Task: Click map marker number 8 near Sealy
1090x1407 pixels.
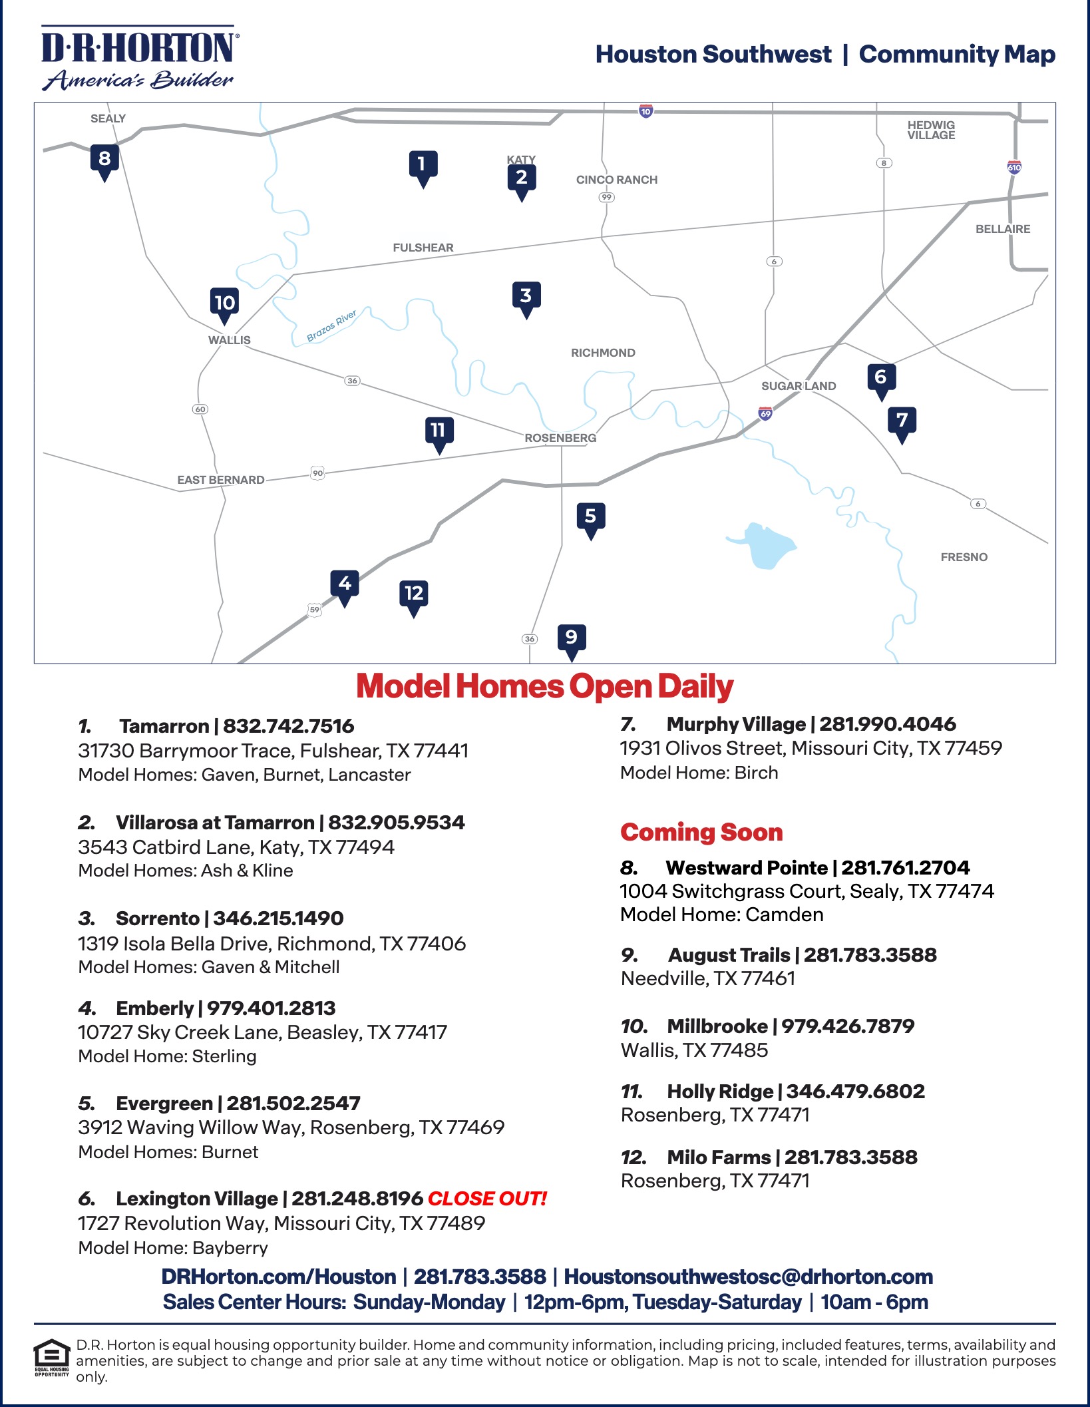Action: click(104, 160)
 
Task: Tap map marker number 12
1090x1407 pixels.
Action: click(414, 594)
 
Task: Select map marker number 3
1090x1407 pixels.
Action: click(526, 296)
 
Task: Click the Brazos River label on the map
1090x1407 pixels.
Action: click(331, 325)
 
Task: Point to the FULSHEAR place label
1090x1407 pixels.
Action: click(423, 248)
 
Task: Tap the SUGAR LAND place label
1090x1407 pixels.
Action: click(799, 386)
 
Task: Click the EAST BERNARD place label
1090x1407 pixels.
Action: click(220, 480)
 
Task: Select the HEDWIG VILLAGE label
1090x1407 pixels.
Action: click(931, 130)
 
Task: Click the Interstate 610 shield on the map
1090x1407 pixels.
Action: click(1014, 167)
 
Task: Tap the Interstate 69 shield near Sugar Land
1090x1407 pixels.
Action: click(765, 413)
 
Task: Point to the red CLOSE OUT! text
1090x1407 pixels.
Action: click(486, 1199)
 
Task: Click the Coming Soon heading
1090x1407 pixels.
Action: click(701, 832)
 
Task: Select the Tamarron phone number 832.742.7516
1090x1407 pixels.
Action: click(288, 726)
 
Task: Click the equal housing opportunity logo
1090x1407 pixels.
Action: click(52, 1358)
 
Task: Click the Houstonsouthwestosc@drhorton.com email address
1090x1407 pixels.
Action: click(748, 1277)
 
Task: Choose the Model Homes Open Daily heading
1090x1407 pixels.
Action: click(544, 686)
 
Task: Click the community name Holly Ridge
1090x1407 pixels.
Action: click(720, 1092)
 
